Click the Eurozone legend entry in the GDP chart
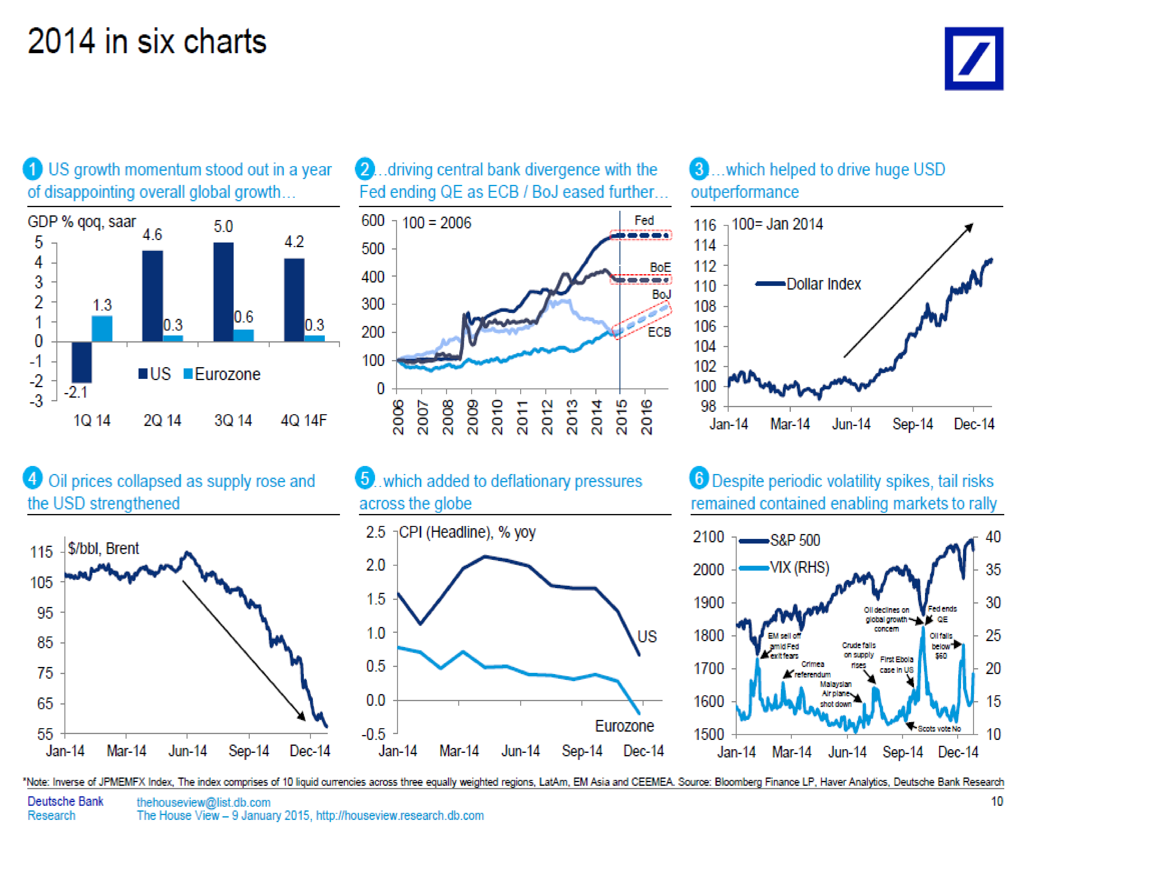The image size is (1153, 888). tap(222, 374)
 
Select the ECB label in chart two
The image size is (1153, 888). tap(659, 332)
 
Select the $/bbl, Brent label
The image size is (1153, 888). tap(103, 548)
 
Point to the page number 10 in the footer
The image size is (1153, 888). tap(996, 801)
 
